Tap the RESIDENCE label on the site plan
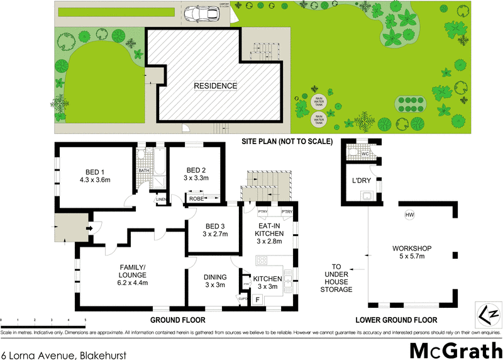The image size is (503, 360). pos(216,86)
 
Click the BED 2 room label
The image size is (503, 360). pos(195,174)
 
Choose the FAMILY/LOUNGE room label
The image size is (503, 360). pos(133,274)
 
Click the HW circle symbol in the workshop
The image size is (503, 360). pos(410,216)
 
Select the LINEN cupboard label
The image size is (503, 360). pos(162,200)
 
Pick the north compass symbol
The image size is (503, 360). pos(488,312)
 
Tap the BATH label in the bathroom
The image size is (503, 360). pos(143,171)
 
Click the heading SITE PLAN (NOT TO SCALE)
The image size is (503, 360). pos(287,142)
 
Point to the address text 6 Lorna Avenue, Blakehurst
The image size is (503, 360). pos(64,355)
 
